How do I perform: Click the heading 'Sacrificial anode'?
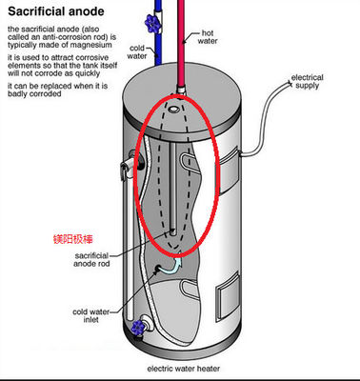56,11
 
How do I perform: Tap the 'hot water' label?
208,37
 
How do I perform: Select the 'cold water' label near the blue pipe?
137,52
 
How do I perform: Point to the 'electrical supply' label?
307,81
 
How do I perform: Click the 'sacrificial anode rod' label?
91,259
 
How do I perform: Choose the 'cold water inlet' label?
90,315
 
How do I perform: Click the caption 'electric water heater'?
184,369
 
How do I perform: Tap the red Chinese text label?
73,239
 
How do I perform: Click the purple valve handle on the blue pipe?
152,23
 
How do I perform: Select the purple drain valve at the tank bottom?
138,328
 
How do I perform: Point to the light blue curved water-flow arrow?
171,266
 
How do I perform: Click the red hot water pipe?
181,45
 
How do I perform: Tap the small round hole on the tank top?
173,109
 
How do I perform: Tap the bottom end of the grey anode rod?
173,232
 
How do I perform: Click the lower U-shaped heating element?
190,289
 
